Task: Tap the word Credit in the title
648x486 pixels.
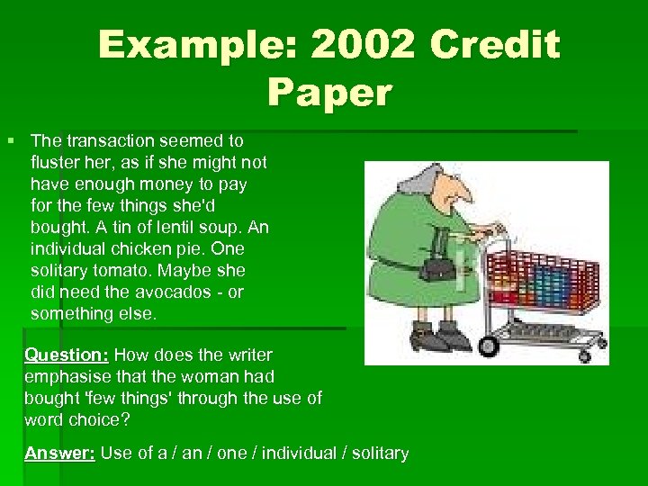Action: [x=495, y=45]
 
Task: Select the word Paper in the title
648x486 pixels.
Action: [x=329, y=92]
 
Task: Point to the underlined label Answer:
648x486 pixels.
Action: [x=60, y=453]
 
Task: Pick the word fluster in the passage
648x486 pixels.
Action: [x=56, y=162]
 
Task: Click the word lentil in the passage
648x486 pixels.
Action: [x=183, y=227]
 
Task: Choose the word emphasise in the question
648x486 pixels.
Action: [x=64, y=376]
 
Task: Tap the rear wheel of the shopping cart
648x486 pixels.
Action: [x=490, y=346]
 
